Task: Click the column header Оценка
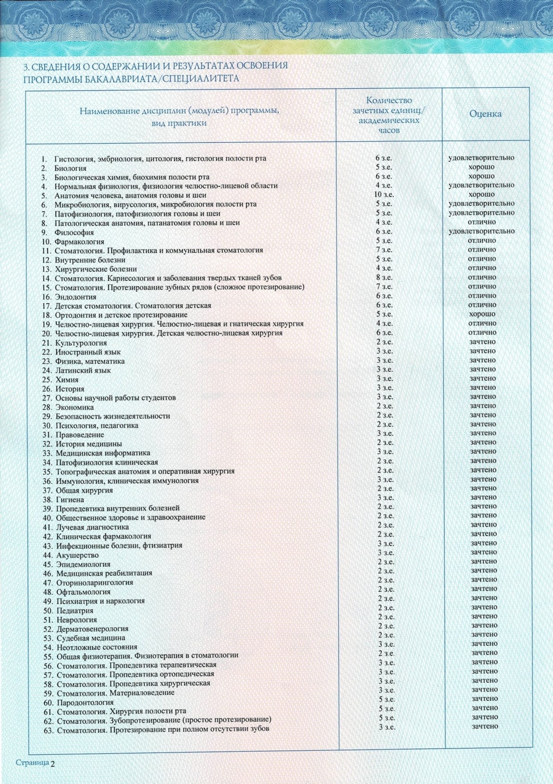click(x=485, y=114)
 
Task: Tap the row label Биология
click(x=70, y=168)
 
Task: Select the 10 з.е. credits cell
click(x=384, y=194)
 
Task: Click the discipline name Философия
click(x=74, y=232)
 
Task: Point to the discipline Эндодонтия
click(x=75, y=297)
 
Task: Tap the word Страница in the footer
click(x=32, y=763)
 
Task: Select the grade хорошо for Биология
click(x=482, y=167)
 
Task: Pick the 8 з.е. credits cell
click(x=384, y=277)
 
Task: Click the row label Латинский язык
click(x=83, y=370)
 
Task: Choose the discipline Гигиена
click(x=70, y=499)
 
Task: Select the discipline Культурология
click(x=81, y=342)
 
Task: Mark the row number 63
click(x=49, y=730)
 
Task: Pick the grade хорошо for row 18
click(x=482, y=314)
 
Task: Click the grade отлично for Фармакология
click(x=482, y=240)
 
